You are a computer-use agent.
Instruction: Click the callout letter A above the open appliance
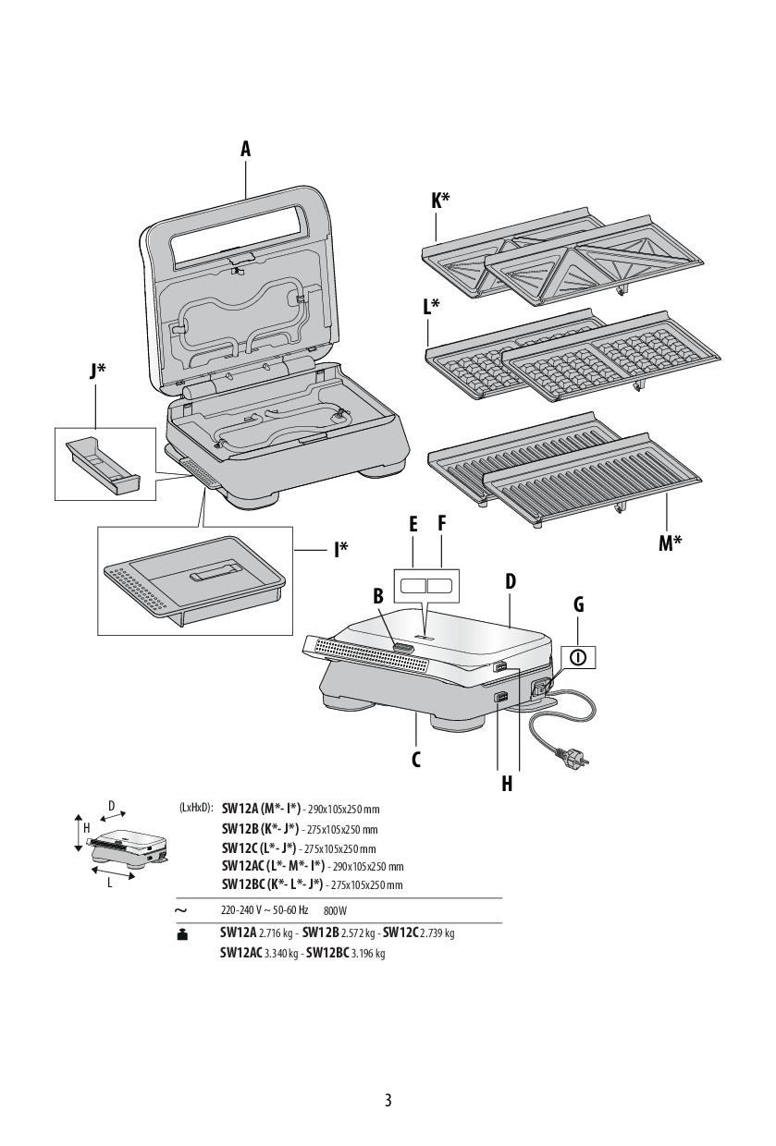pos(246,149)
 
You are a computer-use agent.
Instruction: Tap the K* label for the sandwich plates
pos(440,201)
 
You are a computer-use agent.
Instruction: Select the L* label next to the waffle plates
pos(430,308)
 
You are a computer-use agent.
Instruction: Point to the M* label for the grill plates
pos(670,543)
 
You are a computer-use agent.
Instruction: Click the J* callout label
pos(97,372)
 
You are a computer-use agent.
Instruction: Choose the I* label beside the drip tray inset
pos(341,550)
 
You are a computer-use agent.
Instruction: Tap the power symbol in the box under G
pos(578,657)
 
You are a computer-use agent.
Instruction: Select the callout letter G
pos(579,604)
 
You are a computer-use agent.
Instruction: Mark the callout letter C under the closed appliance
pos(416,760)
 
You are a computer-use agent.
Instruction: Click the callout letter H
pos(507,784)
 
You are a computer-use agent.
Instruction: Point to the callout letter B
pos(378,596)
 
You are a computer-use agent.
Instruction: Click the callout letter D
pos(510,581)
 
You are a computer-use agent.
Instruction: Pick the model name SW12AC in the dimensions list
pos(242,866)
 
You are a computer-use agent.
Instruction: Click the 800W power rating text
pos(335,910)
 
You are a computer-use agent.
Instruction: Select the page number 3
pos(388,1100)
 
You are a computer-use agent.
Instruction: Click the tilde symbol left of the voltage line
pos(181,910)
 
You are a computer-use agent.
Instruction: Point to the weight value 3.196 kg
pos(367,953)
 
